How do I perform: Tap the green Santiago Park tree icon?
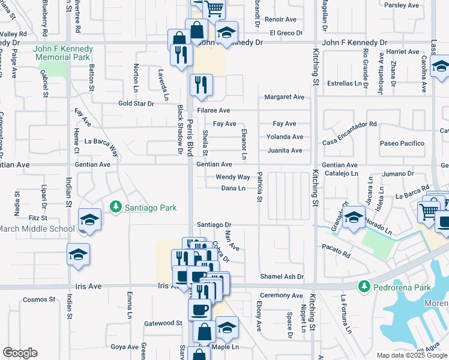coord(116,208)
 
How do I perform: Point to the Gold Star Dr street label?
coord(136,103)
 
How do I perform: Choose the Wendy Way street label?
coord(233,177)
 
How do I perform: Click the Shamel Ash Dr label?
coord(282,277)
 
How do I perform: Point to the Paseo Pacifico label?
coord(402,143)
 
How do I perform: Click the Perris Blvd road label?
coord(190,135)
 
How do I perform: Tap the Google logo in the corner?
coord(20,353)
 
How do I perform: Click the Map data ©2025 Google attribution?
coord(412,355)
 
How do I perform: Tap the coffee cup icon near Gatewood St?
coord(200,309)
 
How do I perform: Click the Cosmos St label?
coord(39,299)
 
